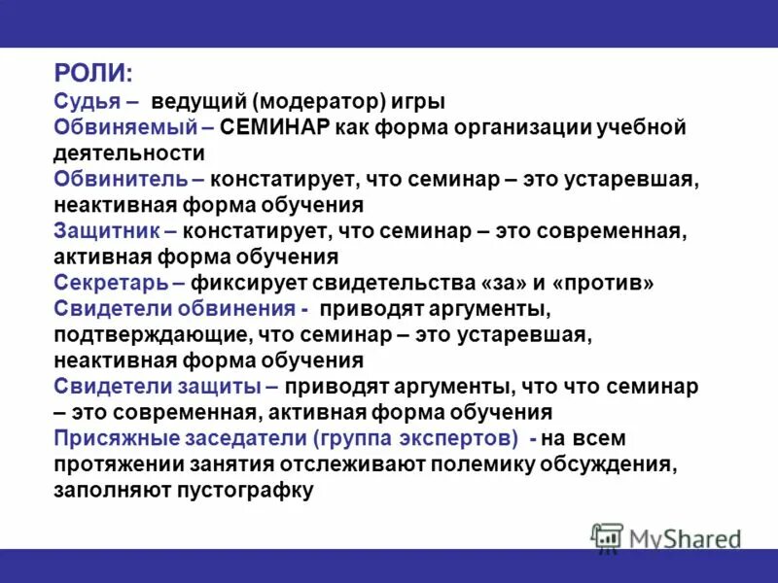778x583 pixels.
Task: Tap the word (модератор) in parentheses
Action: coord(325,102)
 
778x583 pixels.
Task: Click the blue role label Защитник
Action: coord(107,232)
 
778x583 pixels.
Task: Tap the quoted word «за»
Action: coord(502,283)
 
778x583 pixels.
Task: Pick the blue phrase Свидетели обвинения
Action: coord(175,309)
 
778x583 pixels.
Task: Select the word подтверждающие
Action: coord(153,335)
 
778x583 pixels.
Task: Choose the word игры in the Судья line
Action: coord(422,102)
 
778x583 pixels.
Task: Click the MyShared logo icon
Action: coord(607,537)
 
